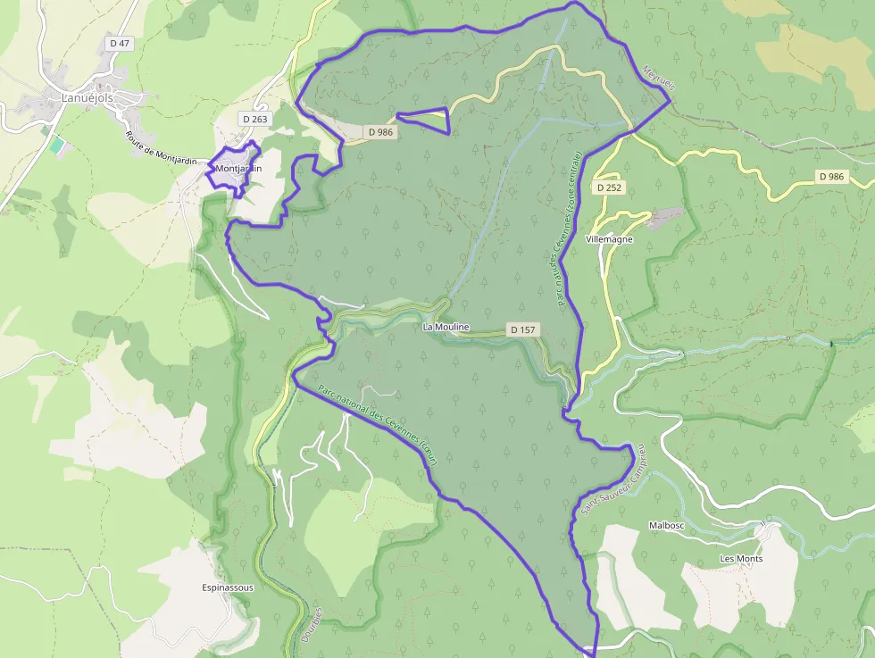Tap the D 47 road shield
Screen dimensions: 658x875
118,43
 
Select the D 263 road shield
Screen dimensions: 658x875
254,118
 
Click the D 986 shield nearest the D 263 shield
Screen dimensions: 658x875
379,131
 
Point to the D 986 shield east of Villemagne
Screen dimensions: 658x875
830,177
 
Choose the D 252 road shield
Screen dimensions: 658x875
608,187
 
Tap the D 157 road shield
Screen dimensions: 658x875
523,329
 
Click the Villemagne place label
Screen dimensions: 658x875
609,240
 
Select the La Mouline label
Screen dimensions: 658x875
446,328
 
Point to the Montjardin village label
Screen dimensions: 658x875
238,168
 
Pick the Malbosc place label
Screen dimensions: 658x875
666,526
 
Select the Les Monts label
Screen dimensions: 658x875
741,559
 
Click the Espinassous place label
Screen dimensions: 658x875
228,588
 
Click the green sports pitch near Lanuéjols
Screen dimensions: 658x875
57,144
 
